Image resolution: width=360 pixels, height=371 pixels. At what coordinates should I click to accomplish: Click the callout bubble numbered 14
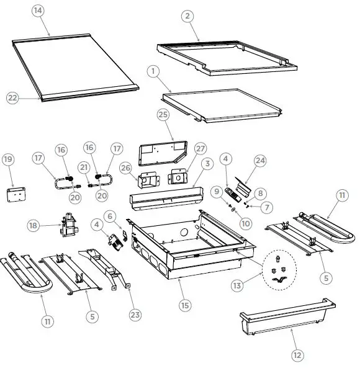38,12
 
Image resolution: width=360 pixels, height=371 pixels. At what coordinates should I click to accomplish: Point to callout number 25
163,115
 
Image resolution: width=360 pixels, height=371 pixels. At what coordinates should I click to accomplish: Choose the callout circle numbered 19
7,159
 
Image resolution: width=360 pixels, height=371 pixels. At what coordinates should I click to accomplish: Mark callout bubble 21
83,168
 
